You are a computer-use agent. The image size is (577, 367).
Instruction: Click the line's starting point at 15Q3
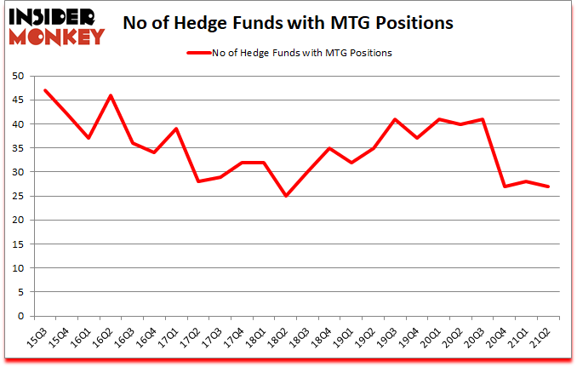coord(45,90)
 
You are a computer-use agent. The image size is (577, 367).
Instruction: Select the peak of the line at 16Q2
coord(111,95)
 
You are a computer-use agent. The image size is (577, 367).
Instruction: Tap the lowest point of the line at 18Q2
coord(285,196)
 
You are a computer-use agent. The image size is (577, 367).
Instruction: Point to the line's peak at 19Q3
coord(395,119)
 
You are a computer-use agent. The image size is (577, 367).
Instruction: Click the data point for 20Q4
coord(504,186)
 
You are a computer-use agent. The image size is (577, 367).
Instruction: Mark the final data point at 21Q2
coord(547,186)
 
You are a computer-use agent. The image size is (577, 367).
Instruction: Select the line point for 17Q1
coord(176,129)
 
